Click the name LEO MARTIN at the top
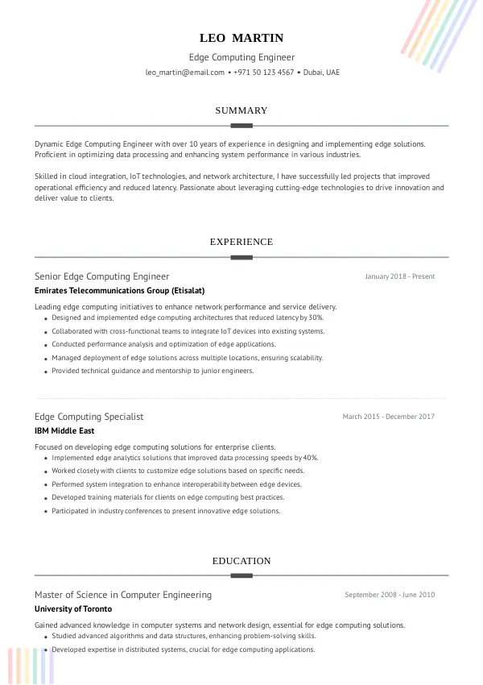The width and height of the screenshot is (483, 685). coord(242,38)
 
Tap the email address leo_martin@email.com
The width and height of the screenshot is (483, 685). coord(185,73)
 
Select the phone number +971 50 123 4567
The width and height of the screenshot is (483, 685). coord(264,73)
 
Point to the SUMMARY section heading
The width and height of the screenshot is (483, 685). coord(242,110)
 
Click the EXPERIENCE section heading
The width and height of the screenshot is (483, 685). coord(242,242)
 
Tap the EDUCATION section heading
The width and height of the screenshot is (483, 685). coord(242,561)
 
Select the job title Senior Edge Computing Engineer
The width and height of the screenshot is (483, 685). coord(102,276)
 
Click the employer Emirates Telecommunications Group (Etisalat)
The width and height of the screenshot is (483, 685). coord(119,290)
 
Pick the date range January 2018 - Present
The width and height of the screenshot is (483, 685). coord(399,276)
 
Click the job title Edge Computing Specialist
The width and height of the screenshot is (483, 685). coord(89,417)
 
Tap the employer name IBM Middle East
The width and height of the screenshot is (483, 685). coord(64,430)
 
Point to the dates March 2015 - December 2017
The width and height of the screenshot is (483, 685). coord(388,417)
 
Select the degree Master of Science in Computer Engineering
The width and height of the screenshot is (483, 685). coord(123,595)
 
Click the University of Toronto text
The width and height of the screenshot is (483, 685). coord(73,608)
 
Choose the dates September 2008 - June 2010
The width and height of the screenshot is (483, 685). coord(390,595)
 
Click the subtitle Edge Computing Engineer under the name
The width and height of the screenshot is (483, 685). coord(242,57)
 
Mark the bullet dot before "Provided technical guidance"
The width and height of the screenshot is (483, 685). coord(44,372)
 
